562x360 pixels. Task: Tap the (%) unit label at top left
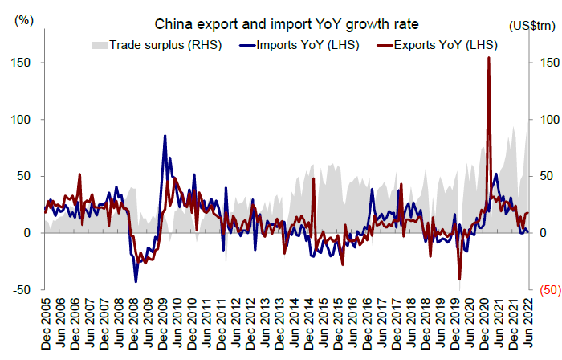pyautogui.click(x=25, y=20)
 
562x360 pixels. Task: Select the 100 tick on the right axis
pyautogui.click(x=544, y=120)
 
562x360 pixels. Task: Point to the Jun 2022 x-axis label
pyautogui.click(x=529, y=321)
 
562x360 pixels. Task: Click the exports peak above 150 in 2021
pyautogui.click(x=489, y=58)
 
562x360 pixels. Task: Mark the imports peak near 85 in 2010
pyautogui.click(x=165, y=136)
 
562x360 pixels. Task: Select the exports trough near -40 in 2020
pyautogui.click(x=460, y=278)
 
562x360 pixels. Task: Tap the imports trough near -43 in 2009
pyautogui.click(x=136, y=281)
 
